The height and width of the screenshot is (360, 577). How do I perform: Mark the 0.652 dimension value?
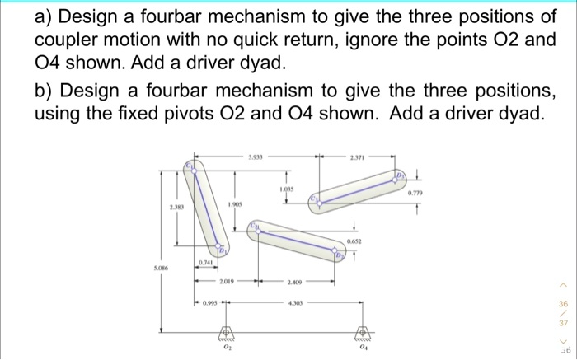point(354,241)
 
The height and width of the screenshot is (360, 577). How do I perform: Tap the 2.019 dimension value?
point(227,282)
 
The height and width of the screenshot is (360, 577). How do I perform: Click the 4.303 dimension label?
point(294,302)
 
